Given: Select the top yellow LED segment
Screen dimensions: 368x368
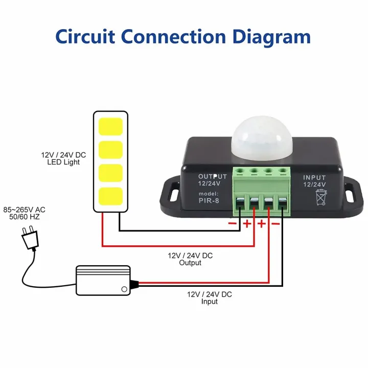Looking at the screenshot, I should point(110,126).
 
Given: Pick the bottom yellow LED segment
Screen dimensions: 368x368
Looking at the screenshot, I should point(110,196).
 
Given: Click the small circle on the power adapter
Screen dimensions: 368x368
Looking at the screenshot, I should point(124,289).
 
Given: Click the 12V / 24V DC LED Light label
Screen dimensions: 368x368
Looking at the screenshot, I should point(62,158).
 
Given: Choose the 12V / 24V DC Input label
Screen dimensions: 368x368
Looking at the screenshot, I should point(209,298).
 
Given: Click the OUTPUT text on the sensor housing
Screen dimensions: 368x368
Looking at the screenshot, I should point(212,177).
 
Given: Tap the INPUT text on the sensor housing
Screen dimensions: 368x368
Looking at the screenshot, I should point(314,177).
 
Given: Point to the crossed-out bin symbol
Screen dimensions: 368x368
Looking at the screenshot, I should point(321,197).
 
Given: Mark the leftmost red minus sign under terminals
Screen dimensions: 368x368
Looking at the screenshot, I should point(233,223).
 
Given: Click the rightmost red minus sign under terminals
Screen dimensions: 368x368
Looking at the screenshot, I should point(275,223).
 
